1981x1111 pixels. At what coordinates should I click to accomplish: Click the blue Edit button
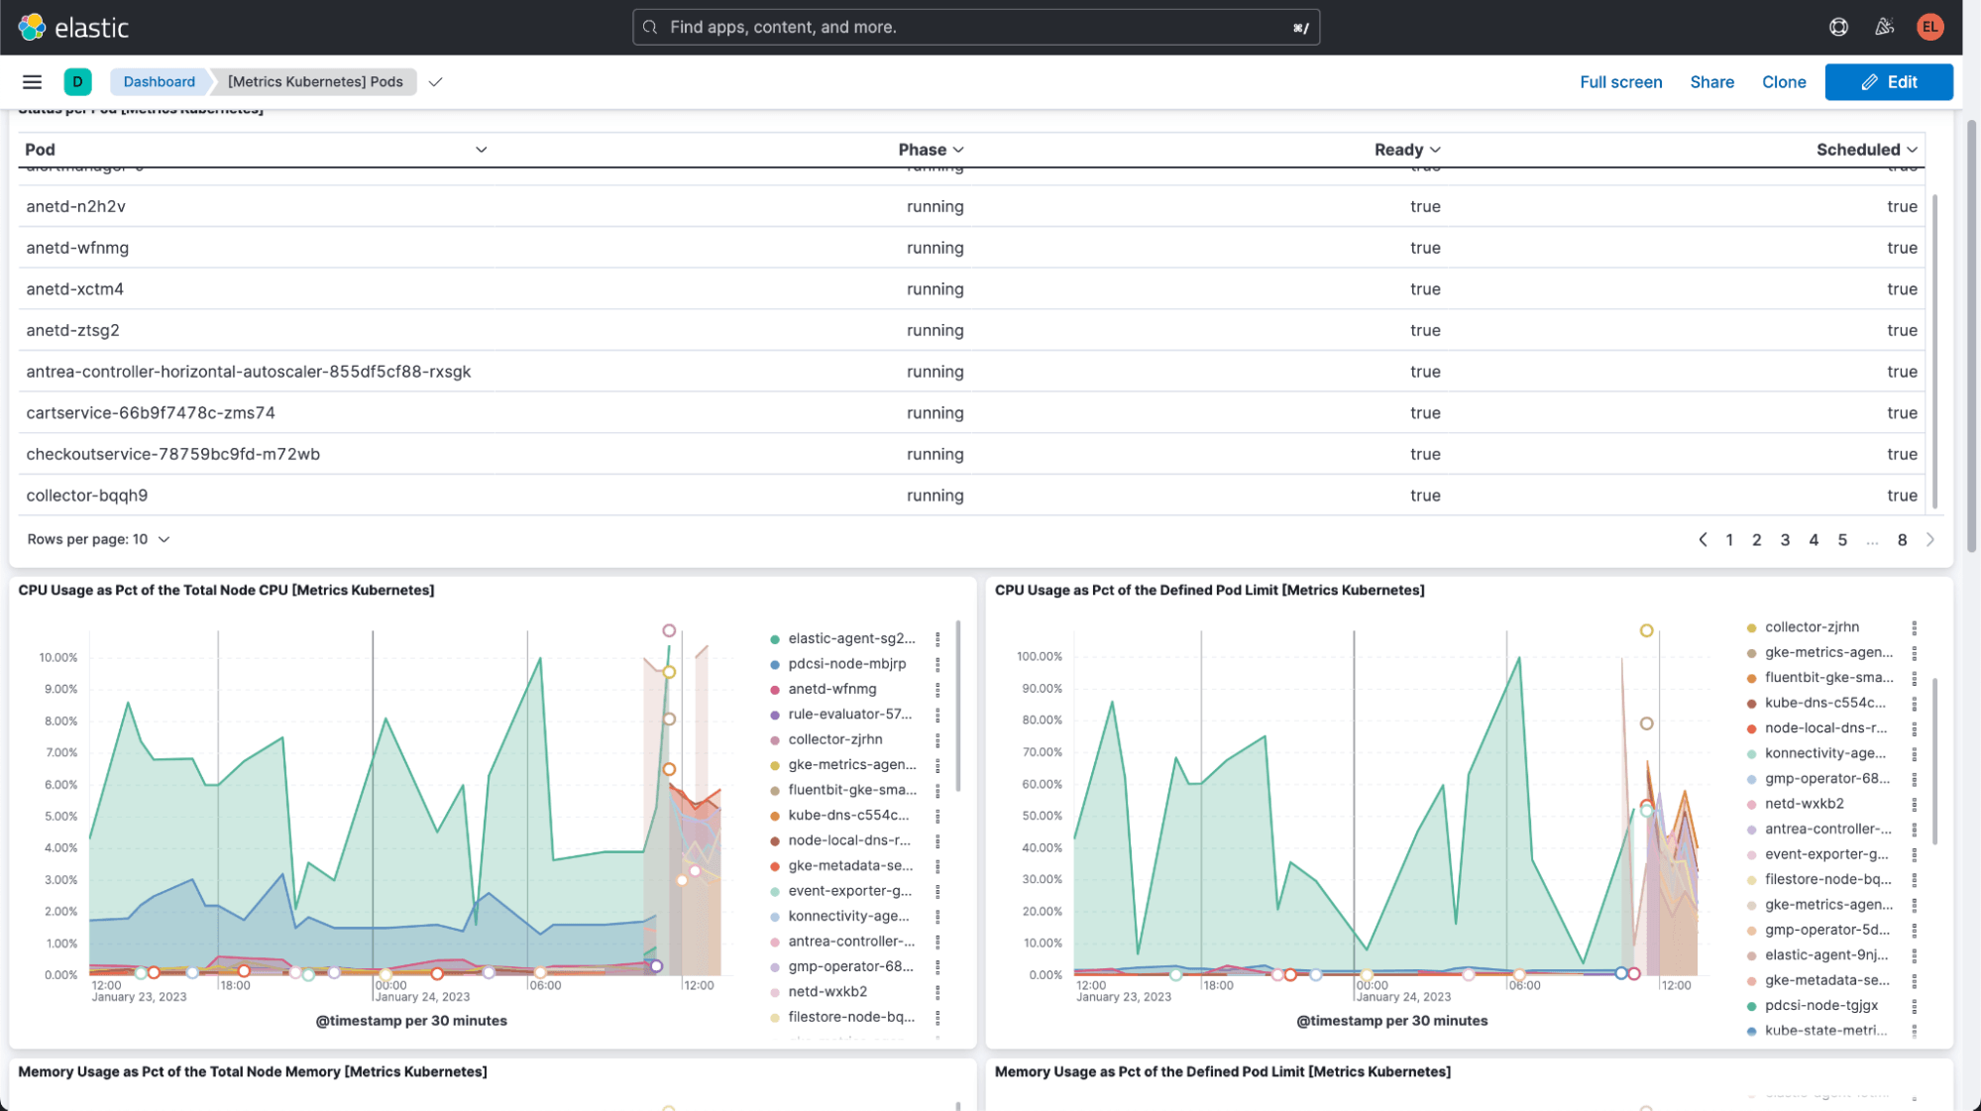pos(1888,82)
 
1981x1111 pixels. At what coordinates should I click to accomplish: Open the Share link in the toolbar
pos(1711,82)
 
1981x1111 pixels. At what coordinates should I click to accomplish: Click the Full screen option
pos(1620,82)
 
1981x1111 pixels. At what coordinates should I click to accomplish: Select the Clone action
pos(1783,82)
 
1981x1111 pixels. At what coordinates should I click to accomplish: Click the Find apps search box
pos(975,27)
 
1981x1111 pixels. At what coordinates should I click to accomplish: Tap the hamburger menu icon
pos(32,82)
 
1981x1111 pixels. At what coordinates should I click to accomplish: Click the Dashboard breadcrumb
pos(159,82)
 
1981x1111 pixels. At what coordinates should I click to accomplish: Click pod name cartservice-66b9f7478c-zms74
pos(151,412)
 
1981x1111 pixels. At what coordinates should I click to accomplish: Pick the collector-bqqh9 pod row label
pos(87,496)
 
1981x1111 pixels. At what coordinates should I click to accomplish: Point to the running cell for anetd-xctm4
pos(935,289)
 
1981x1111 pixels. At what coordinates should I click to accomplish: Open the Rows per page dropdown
pos(98,539)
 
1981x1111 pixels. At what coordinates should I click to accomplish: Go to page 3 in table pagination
pos(1784,540)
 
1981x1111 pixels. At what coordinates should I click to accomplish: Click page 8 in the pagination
pos(1901,540)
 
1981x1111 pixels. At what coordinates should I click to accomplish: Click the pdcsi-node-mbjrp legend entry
pos(846,664)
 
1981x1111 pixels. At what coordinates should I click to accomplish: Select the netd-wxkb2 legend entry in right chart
pos(1803,804)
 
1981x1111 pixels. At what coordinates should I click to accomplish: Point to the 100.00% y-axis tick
pos(1039,657)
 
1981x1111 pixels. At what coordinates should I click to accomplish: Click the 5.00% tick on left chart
pos(60,817)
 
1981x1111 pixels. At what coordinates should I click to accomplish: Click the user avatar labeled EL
pos(1928,27)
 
